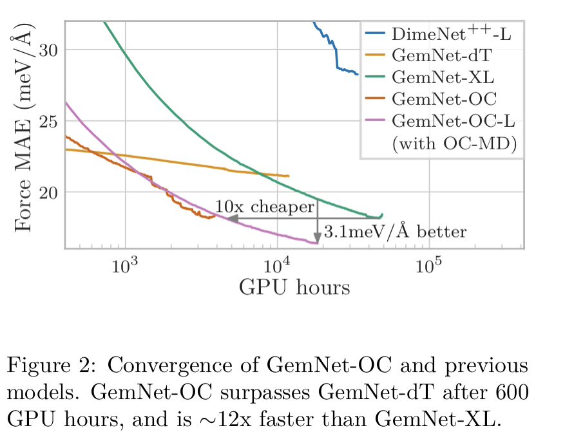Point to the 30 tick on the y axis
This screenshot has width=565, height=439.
[x=51, y=50]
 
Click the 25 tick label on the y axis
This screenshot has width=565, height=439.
[x=51, y=121]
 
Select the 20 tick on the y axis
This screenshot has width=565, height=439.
[x=51, y=192]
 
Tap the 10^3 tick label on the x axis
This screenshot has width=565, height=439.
[x=126, y=265]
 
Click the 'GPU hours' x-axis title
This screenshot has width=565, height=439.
[x=294, y=287]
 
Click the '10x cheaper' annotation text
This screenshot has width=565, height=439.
[x=264, y=207]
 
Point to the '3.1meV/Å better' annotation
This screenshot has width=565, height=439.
[x=394, y=231]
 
